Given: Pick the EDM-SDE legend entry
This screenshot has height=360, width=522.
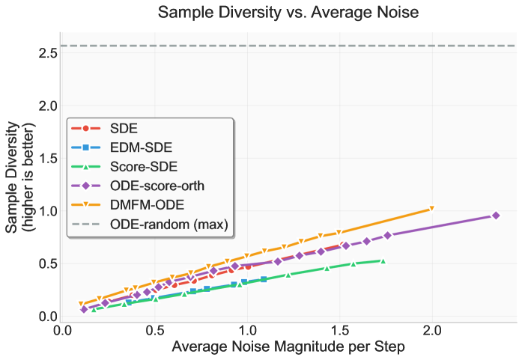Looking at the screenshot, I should (x=139, y=147).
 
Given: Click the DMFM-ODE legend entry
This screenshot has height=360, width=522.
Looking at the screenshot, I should (x=145, y=204).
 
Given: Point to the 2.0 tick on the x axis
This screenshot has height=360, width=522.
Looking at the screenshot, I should (x=432, y=329).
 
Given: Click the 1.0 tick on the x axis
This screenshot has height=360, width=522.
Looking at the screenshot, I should (x=247, y=329).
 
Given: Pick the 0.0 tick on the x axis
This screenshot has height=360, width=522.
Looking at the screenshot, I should (x=63, y=329).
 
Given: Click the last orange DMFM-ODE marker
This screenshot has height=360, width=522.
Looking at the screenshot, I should (x=431, y=209).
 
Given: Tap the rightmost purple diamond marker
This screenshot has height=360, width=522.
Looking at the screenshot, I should (x=495, y=216).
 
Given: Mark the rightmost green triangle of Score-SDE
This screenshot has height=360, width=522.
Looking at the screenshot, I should (x=383, y=260).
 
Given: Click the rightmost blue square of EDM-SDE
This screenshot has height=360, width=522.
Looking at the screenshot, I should (x=264, y=279).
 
